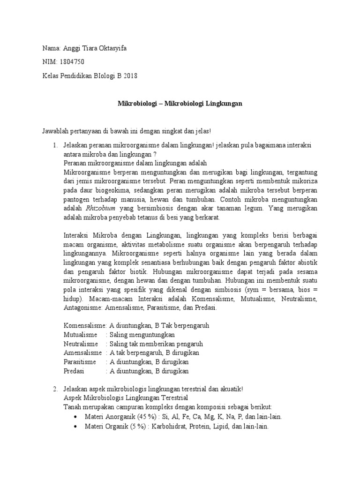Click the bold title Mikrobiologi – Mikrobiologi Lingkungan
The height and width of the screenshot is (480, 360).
tap(180, 103)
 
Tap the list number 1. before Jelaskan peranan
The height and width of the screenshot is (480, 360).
tap(55, 145)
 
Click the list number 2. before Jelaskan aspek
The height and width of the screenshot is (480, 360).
tap(55, 389)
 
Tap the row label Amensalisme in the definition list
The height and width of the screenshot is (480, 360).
tap(82, 352)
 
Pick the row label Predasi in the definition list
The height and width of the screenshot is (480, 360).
tap(74, 371)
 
